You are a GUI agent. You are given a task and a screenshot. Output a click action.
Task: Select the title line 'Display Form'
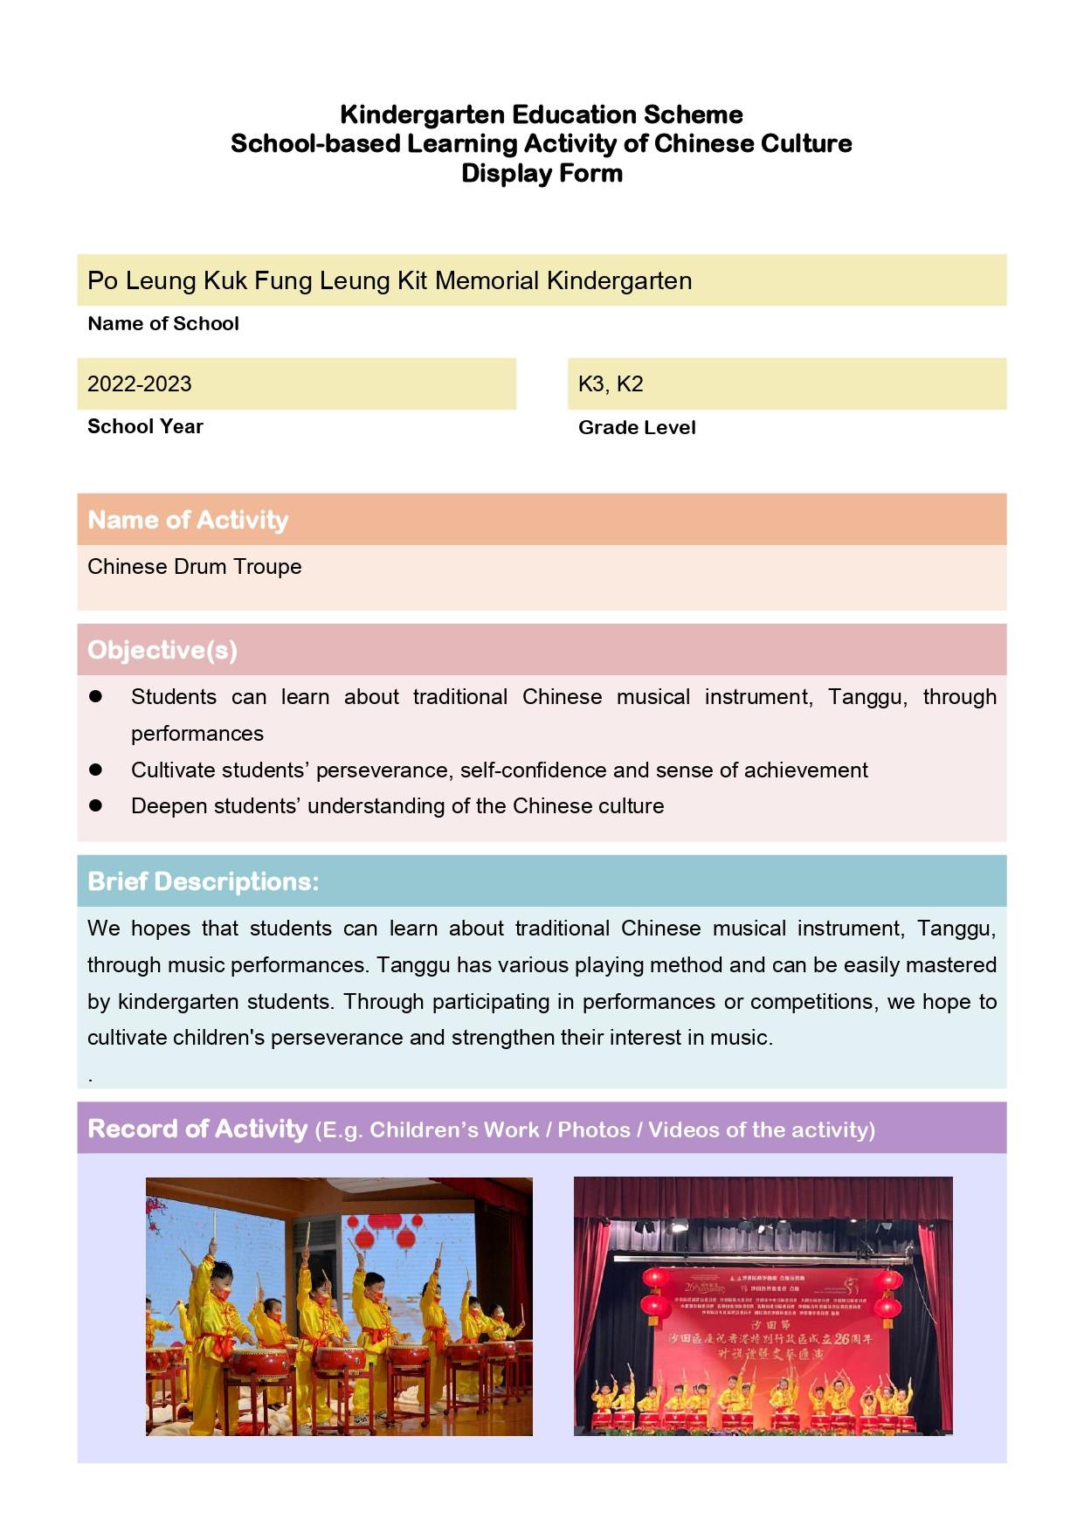tap(542, 173)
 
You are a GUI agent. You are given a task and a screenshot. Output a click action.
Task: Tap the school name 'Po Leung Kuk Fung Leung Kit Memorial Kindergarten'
tap(390, 280)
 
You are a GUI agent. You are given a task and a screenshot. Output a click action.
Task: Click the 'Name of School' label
tap(163, 323)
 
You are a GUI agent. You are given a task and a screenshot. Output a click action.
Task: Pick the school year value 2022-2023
tap(140, 383)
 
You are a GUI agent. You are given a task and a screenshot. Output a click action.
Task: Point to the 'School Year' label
tap(145, 426)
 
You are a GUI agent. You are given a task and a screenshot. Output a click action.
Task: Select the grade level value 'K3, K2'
tap(611, 383)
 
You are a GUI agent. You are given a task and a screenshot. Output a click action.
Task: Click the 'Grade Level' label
tap(637, 427)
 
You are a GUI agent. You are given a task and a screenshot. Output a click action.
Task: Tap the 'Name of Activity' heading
tap(188, 520)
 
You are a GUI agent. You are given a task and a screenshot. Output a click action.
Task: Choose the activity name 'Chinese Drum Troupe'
tap(195, 566)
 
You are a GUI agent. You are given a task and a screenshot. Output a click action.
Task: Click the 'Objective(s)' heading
tap(162, 650)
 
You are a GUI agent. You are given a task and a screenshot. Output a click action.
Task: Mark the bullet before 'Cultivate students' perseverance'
tap(96, 770)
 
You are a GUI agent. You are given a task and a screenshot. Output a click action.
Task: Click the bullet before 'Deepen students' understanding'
tap(96, 805)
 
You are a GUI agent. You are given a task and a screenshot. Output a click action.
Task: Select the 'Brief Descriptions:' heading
tap(204, 881)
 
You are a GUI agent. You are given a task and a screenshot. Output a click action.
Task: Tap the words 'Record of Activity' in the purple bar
tap(197, 1129)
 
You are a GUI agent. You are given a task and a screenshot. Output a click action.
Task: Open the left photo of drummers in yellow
tap(339, 1306)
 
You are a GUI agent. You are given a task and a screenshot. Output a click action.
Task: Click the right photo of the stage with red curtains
tap(763, 1306)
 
